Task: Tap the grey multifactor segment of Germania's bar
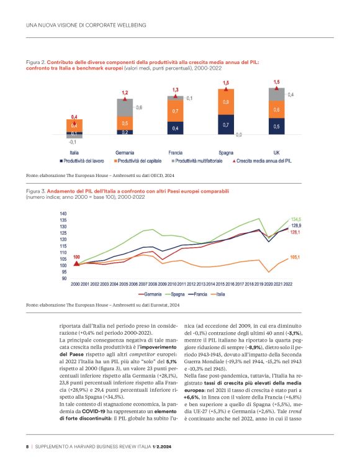[125, 108]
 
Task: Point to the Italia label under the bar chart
[74, 152]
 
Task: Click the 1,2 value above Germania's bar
[125, 92]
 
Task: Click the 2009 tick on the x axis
[163, 283]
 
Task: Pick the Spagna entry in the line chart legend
[181, 293]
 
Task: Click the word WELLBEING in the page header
[127, 25]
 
